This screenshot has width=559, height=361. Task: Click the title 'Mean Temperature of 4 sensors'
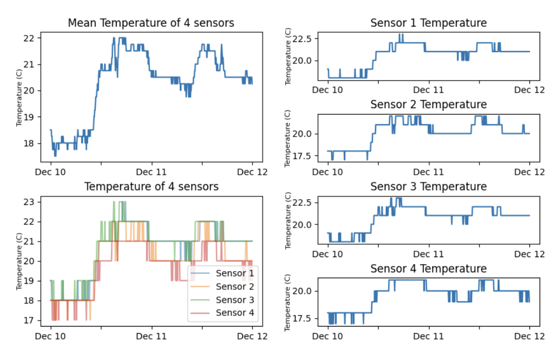(x=151, y=23)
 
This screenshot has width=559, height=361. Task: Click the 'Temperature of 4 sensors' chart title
(x=151, y=187)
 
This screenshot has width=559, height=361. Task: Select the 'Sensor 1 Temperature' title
(x=428, y=23)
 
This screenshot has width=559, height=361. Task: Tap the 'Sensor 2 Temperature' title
(x=428, y=104)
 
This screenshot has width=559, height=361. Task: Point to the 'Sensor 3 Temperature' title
(x=428, y=186)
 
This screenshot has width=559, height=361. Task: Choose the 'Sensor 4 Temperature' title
(x=428, y=268)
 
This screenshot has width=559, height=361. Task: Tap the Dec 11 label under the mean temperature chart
(x=152, y=171)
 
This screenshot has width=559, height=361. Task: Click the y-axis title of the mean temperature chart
(x=20, y=97)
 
